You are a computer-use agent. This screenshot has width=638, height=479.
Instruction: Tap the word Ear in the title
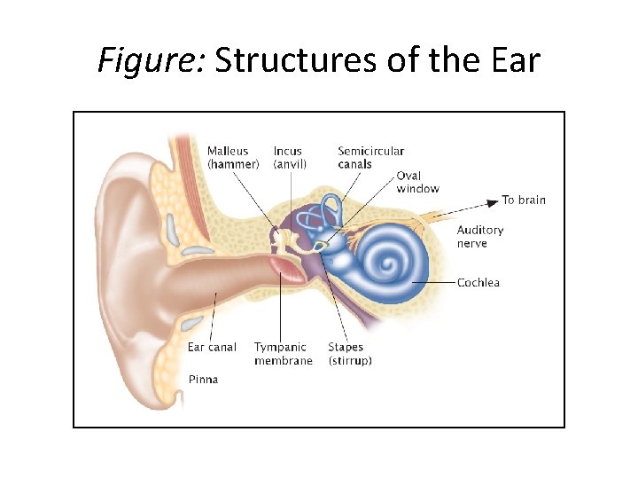512,60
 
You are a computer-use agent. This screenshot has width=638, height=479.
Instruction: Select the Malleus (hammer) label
233,157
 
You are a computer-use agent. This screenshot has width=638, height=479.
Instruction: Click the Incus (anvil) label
290,157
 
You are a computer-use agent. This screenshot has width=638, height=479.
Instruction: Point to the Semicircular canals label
370,157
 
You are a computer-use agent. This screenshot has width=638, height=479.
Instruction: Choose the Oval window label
417,182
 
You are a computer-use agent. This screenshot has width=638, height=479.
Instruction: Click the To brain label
524,200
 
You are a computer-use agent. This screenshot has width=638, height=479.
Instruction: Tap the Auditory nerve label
479,236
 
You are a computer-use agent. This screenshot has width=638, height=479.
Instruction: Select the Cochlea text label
478,283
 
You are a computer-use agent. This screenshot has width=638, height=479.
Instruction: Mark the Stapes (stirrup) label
350,354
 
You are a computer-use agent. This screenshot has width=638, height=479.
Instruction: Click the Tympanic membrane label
283,354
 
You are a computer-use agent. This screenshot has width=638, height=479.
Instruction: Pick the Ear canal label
212,348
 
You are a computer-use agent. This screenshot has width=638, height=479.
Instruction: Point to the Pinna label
203,380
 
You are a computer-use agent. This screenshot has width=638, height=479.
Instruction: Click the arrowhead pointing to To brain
494,200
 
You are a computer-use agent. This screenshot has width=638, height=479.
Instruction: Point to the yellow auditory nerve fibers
434,218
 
